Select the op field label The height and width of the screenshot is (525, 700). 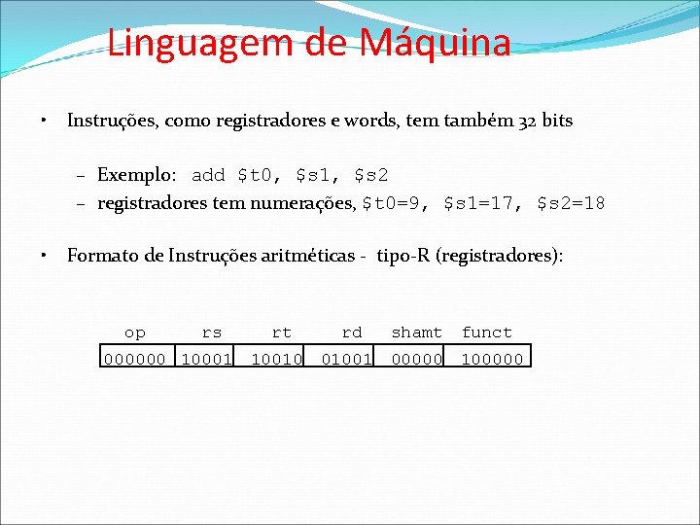pyautogui.click(x=134, y=332)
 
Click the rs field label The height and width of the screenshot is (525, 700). pyautogui.click(x=211, y=332)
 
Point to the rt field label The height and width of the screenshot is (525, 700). pyautogui.click(x=281, y=332)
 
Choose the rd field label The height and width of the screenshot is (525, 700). pyautogui.click(x=351, y=332)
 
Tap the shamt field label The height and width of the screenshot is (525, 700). pyautogui.click(x=416, y=332)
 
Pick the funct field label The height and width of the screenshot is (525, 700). pyautogui.click(x=486, y=332)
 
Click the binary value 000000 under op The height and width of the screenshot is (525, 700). pyautogui.click(x=134, y=359)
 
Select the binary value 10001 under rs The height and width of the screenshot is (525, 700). pyautogui.click(x=206, y=359)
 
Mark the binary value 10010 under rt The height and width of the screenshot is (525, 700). pyautogui.click(x=276, y=359)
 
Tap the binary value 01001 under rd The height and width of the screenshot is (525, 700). pyautogui.click(x=347, y=359)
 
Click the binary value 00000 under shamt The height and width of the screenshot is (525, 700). pyautogui.click(x=416, y=359)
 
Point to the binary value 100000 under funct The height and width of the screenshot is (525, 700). pyautogui.click(x=491, y=359)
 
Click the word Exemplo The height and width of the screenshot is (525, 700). pyautogui.click(x=136, y=176)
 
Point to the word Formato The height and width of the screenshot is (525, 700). pyautogui.click(x=103, y=257)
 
